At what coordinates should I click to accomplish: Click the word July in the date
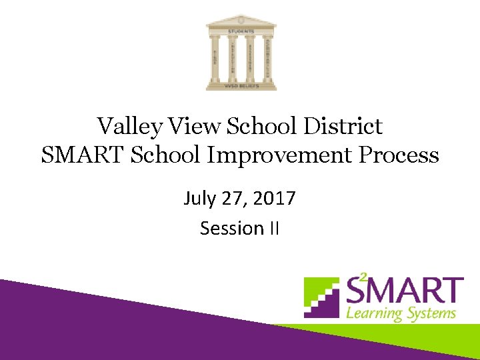198,199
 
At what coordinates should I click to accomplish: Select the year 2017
275,199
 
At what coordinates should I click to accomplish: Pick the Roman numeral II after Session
274,229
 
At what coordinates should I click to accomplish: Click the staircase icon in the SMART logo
323,297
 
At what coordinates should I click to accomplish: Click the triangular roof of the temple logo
240,21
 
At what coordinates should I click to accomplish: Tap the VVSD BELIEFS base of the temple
241,85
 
